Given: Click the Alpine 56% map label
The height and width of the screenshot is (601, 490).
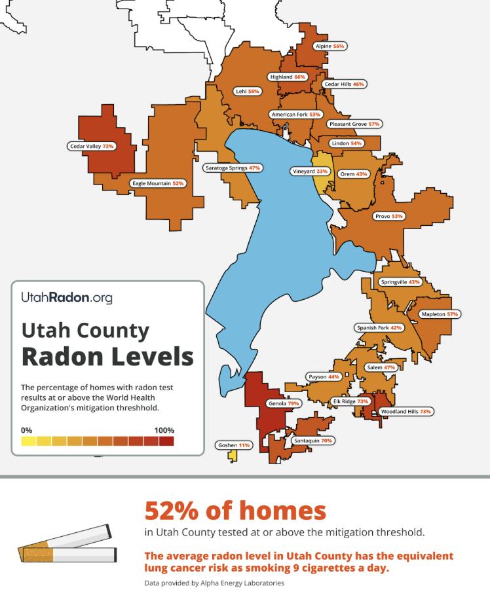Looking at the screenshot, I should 329,46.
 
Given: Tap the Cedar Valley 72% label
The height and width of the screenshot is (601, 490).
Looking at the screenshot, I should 92,146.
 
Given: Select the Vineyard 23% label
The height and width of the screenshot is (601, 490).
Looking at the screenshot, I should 309,172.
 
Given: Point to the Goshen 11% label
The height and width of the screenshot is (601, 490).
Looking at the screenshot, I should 234,445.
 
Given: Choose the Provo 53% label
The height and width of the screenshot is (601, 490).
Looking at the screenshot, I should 389,216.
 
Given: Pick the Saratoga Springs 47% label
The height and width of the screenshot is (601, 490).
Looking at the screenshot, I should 233,168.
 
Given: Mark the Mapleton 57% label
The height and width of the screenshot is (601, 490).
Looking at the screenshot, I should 439,314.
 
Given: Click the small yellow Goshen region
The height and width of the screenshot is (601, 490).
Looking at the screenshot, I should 232,456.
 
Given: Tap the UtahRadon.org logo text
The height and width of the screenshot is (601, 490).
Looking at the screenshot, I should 67,298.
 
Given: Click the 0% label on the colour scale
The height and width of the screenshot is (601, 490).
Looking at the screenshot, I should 27,430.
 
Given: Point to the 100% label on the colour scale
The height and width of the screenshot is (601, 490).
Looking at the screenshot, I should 164,430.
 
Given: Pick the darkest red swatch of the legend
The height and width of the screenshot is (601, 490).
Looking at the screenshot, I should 167,441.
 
